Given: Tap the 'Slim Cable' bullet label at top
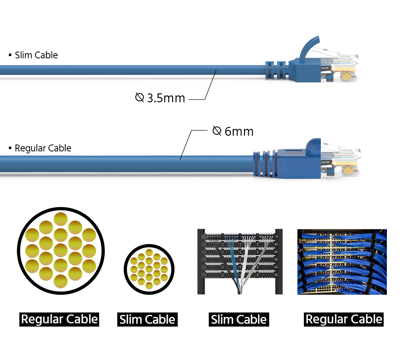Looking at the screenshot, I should (x=36, y=55).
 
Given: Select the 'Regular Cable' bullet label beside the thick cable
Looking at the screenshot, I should (x=43, y=148).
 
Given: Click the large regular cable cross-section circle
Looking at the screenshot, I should (x=60, y=250).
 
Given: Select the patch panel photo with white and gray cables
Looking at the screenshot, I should (x=239, y=261).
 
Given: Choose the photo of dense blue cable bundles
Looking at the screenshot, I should (x=342, y=262).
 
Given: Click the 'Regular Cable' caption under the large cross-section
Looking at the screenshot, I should (x=59, y=319).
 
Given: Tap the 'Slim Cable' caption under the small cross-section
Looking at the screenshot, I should (x=147, y=320).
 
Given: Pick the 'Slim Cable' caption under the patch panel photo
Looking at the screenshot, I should (x=239, y=320).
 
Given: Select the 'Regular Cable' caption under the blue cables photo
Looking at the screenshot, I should (x=344, y=319).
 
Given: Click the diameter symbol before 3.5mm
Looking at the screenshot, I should (x=139, y=97).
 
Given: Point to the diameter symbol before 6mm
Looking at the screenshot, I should (x=217, y=131).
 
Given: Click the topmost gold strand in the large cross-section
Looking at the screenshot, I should (x=60, y=219).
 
